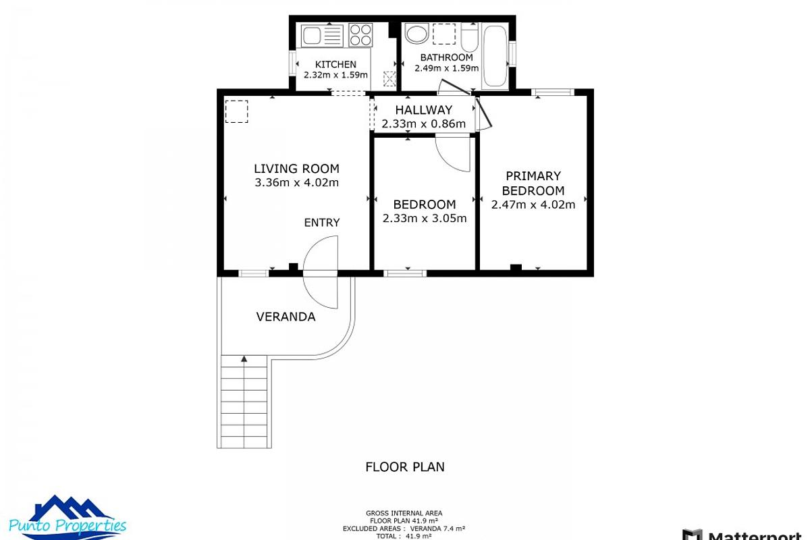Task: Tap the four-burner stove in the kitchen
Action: click(x=361, y=34)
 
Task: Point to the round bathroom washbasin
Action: click(x=414, y=32)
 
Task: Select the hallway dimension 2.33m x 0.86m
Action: click(x=423, y=124)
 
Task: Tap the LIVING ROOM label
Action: click(x=296, y=169)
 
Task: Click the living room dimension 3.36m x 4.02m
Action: click(x=296, y=182)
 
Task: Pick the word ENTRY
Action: click(x=322, y=223)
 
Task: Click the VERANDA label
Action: click(x=286, y=317)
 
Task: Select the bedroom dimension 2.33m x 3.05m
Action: click(x=424, y=218)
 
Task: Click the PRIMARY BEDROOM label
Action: click(x=533, y=183)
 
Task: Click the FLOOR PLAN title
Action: click(x=405, y=466)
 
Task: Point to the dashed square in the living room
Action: click(x=236, y=111)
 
